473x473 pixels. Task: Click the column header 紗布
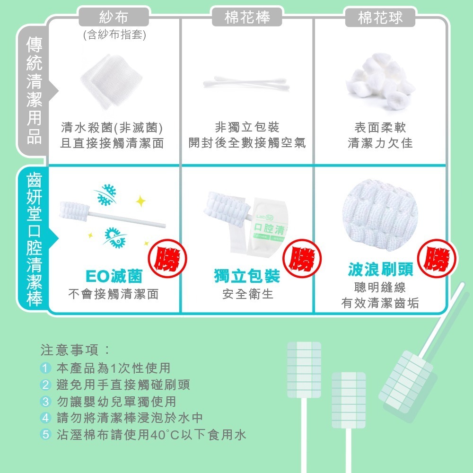(114, 18)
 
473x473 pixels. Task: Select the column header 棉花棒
(247, 18)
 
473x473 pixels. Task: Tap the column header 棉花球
(380, 18)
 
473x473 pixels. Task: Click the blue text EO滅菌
(114, 276)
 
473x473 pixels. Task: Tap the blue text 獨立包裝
(247, 276)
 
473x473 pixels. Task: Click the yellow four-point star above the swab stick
(140, 202)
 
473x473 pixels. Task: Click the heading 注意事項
(75, 350)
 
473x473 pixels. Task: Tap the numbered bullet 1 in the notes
(45, 368)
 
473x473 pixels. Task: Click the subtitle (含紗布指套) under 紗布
(114, 35)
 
